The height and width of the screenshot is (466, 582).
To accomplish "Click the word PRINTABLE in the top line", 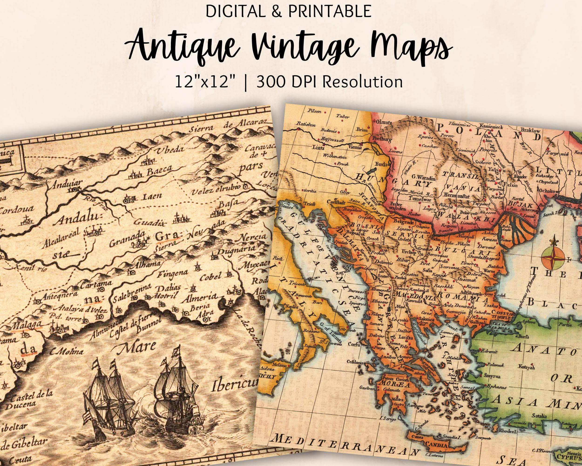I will [330, 11].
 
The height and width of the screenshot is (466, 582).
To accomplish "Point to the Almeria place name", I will [199, 298].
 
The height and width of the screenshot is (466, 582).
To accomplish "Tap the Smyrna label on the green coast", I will [492, 376].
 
